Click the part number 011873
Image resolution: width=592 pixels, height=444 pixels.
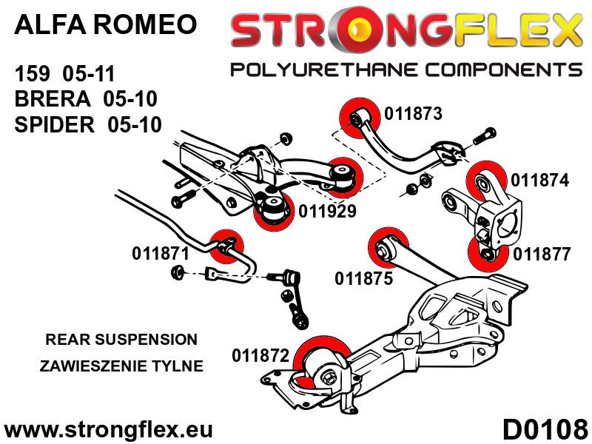click(413, 114)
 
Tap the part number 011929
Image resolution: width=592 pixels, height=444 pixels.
click(328, 211)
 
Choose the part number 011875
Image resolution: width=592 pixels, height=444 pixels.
click(364, 279)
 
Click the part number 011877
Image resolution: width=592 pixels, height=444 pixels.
click(542, 255)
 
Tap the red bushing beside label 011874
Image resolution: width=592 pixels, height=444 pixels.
click(486, 180)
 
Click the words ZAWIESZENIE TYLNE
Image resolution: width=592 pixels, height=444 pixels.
click(121, 366)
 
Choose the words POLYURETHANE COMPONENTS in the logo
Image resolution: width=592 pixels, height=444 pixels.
click(406, 70)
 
